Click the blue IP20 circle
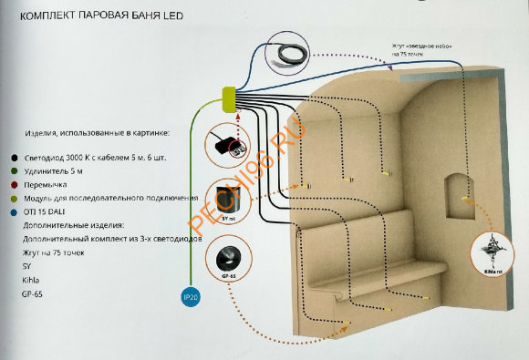pyautogui.click(x=187, y=296)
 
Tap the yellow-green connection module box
pyautogui.click(x=229, y=96)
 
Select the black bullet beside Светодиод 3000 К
pyautogui.click(x=7, y=157)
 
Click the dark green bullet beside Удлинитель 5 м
pyautogui.click(x=7, y=170)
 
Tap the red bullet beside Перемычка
pyautogui.click(x=7, y=184)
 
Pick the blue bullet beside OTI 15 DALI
pyautogui.click(x=7, y=211)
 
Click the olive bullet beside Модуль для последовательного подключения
pyautogui.click(x=7, y=198)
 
